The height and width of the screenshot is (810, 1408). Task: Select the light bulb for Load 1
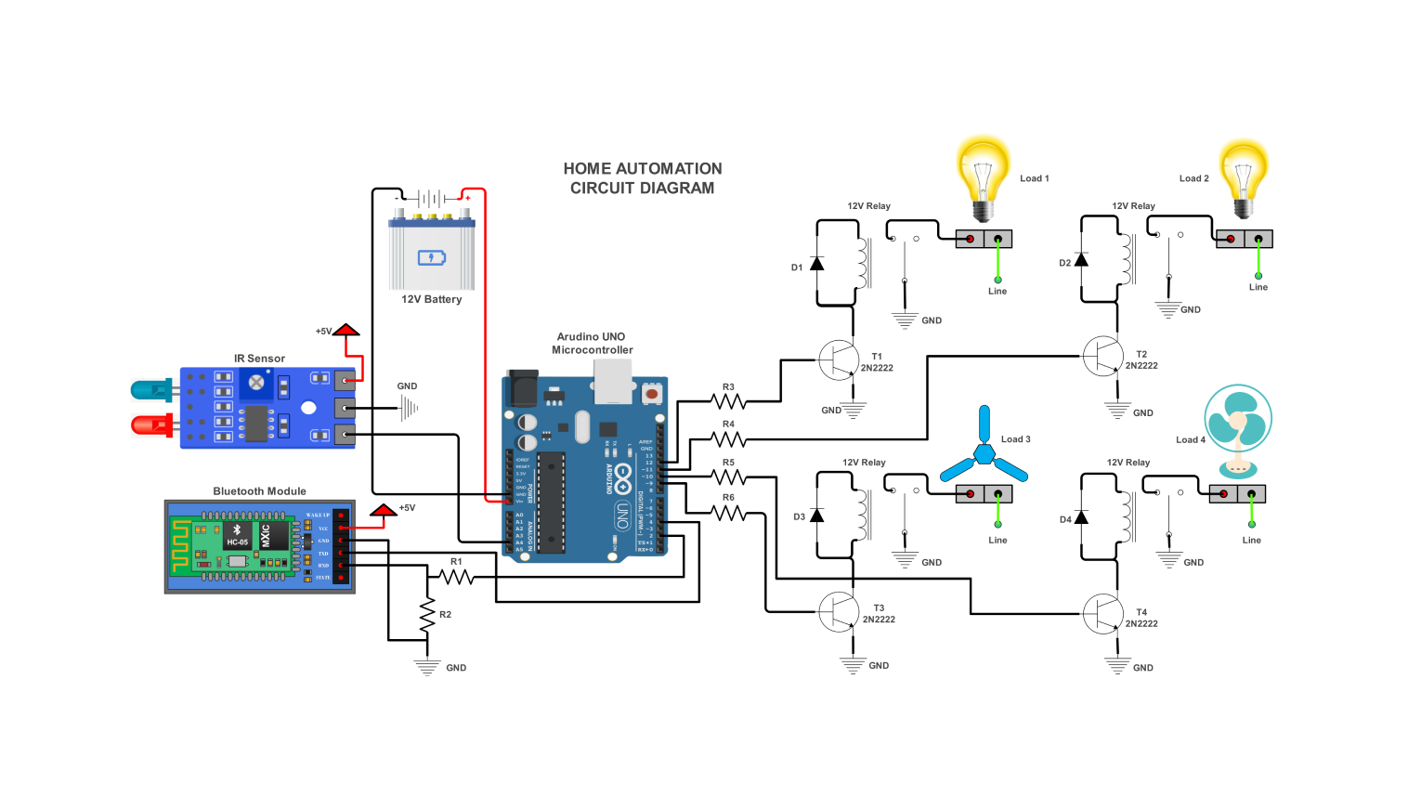983,176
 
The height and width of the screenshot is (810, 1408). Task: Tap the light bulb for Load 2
1244,176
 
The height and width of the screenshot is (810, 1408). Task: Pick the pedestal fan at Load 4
1237,427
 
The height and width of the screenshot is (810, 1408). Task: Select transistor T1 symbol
838,359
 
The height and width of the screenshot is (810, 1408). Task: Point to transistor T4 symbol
1102,614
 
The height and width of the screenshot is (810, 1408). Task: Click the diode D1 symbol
816,264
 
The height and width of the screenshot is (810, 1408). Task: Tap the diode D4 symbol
1081,517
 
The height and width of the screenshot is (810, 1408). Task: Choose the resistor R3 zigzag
728,401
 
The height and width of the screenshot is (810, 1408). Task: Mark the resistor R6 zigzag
728,512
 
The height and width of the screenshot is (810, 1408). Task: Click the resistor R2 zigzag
427,614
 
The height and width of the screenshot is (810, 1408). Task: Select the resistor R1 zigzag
456,577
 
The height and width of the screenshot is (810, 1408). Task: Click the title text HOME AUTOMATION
642,169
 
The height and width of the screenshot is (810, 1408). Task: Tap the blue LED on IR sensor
150,390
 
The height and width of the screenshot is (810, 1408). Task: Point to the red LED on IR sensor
150,425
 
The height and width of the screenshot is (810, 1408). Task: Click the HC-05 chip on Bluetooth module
237,536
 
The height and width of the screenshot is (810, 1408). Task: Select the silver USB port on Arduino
612,381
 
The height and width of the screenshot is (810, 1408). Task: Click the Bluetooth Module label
259,491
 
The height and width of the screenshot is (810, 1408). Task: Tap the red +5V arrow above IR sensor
346,330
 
